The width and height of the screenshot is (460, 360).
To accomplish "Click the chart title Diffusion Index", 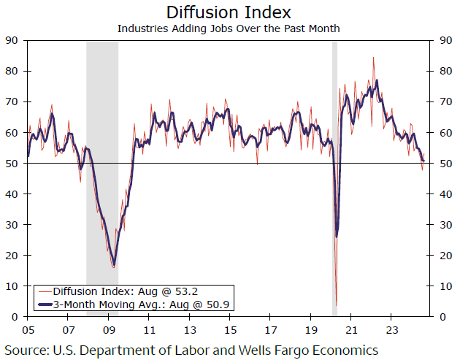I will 229,12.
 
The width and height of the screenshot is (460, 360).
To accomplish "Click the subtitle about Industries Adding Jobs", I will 229,28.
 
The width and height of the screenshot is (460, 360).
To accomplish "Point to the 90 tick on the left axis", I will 12,40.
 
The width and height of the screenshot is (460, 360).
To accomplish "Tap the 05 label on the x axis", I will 28,329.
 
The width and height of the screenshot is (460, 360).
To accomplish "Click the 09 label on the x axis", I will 109,329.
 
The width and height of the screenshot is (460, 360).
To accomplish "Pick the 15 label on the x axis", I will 230,329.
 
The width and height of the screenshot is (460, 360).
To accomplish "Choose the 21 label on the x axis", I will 351,329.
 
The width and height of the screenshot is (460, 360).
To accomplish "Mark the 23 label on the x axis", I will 391,329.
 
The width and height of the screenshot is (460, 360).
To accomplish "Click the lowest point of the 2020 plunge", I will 336,306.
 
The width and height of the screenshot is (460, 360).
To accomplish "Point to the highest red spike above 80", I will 374,58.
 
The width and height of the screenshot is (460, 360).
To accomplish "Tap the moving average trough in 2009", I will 114,266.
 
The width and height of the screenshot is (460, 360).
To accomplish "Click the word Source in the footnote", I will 27,350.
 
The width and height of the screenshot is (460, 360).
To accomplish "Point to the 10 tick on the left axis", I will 12,286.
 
